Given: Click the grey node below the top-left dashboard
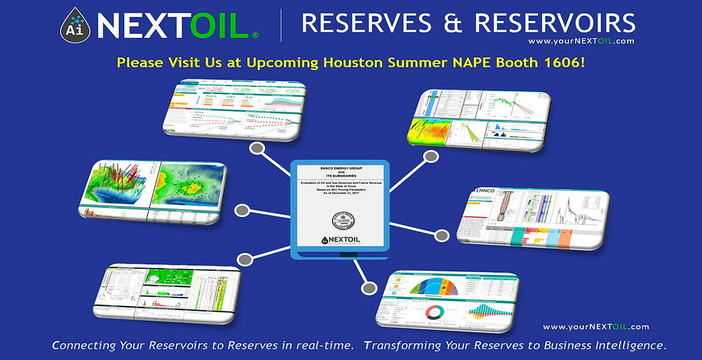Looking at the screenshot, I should [257, 149].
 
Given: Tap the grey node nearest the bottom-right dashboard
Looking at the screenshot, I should [368, 287].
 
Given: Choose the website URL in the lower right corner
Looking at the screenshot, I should [596, 326].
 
